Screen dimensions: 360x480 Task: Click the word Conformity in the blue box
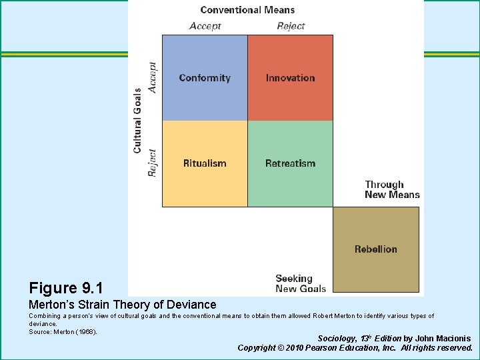[205, 78]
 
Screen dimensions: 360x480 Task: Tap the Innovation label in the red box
[290, 78]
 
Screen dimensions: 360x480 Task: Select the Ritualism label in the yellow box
[205, 163]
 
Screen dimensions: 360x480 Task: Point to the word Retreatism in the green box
[290, 163]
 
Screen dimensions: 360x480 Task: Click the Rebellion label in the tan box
[376, 249]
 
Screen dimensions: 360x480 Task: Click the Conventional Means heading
[247, 10]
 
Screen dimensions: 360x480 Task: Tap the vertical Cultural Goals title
[138, 121]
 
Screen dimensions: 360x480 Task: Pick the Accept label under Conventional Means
[205, 26]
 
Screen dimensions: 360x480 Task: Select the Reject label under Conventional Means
[291, 26]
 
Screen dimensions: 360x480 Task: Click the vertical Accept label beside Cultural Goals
[153, 78]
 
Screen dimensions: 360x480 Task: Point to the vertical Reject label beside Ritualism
[153, 163]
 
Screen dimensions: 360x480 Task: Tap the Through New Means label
[392, 189]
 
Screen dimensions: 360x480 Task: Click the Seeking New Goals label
[301, 283]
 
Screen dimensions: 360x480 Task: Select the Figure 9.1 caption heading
[66, 288]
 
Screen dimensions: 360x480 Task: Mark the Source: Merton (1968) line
[63, 331]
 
